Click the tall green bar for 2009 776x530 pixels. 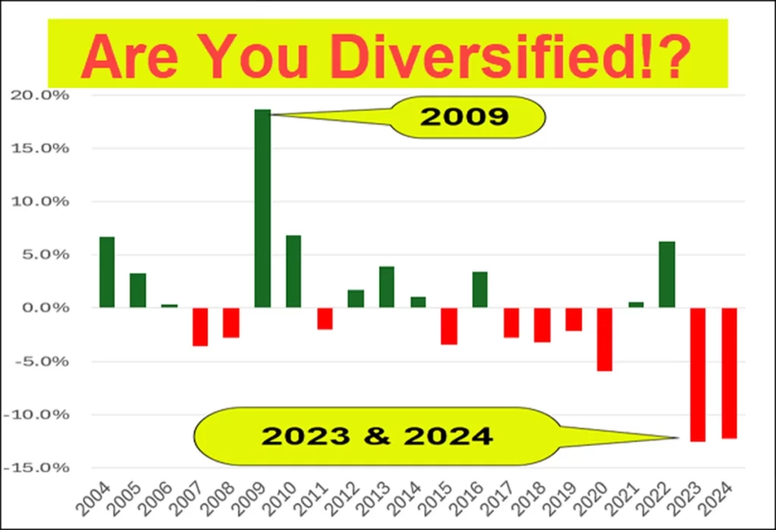[x=262, y=208]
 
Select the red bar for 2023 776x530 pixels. [x=698, y=374]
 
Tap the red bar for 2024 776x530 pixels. [x=729, y=373]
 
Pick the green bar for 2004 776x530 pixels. [x=107, y=272]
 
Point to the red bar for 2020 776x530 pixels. [x=604, y=339]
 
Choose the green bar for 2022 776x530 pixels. [x=667, y=274]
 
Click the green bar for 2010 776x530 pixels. [x=293, y=271]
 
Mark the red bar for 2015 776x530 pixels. [x=449, y=326]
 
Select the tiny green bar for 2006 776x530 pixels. [x=169, y=306]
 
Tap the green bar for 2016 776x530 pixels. [x=480, y=290]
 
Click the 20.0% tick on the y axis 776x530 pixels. [x=39, y=95]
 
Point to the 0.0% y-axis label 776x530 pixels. [x=45, y=307]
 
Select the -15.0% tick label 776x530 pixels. [x=36, y=467]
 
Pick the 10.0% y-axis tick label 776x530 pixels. [x=39, y=201]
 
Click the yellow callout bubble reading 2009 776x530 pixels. [x=468, y=117]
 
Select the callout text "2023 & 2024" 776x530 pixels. [x=377, y=436]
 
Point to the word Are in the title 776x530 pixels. [x=130, y=56]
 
